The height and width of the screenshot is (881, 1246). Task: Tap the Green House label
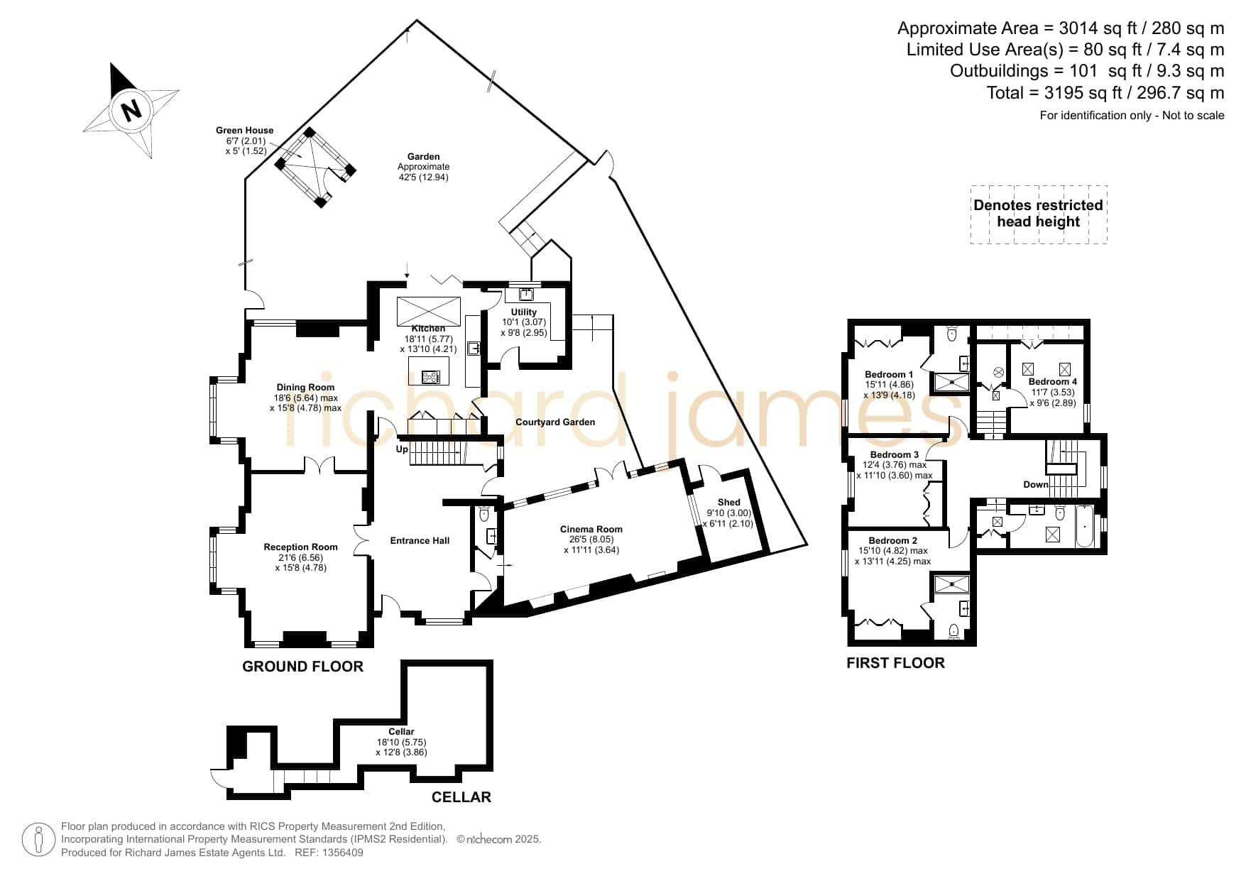tap(245, 131)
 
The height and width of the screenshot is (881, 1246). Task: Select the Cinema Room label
tap(591, 529)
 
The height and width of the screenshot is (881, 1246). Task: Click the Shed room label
tap(729, 503)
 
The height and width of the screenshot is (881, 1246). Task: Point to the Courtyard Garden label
tap(555, 422)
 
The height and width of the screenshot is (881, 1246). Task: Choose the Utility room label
tap(524, 312)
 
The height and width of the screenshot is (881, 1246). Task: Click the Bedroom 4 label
tap(1053, 382)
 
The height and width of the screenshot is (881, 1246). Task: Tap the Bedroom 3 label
tap(895, 455)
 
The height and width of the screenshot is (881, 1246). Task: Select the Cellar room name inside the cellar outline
tap(401, 732)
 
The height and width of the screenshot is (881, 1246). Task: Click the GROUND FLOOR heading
tap(303, 667)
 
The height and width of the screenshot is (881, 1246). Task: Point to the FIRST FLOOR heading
tap(896, 663)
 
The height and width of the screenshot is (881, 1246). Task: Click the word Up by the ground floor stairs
tap(403, 449)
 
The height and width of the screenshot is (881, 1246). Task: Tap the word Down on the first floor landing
tap(1036, 485)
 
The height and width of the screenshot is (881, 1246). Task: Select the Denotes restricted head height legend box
tap(1039, 214)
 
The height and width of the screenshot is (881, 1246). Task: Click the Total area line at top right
tap(1105, 93)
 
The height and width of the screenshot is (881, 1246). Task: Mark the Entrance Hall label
tap(420, 541)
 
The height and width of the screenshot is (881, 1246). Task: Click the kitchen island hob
tap(430, 376)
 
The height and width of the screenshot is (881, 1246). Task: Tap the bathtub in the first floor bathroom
tap(1085, 526)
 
